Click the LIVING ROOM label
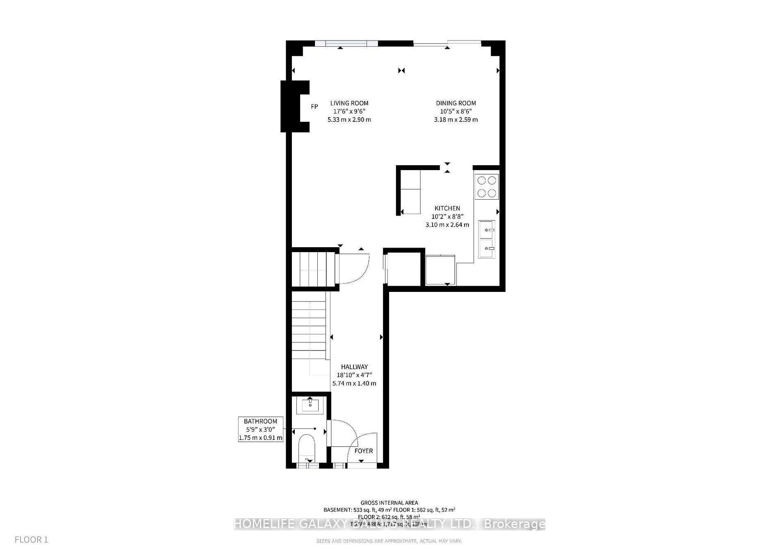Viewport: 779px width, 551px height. click(x=349, y=103)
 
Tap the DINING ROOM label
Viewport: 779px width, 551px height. click(x=456, y=103)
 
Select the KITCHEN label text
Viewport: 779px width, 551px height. click(x=447, y=208)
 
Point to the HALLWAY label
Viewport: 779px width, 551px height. click(x=354, y=367)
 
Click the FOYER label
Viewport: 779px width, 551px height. click(x=364, y=451)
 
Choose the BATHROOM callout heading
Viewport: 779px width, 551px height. click(x=260, y=421)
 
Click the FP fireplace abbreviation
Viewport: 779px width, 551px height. click(x=314, y=107)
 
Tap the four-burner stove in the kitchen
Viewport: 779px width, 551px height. click(x=487, y=187)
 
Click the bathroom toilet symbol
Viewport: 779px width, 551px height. click(x=306, y=449)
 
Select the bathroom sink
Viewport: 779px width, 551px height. click(x=310, y=405)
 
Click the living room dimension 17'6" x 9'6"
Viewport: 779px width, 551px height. click(x=349, y=112)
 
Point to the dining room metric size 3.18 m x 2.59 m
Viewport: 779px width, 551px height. click(x=456, y=120)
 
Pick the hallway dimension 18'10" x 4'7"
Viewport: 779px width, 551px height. click(x=354, y=375)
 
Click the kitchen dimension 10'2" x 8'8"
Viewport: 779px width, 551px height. click(x=447, y=216)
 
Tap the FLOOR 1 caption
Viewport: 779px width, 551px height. click(x=32, y=540)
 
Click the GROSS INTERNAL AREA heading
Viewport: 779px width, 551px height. click(x=389, y=503)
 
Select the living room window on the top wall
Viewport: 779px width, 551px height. click(x=346, y=43)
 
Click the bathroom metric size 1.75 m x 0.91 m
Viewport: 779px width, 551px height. click(x=260, y=437)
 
